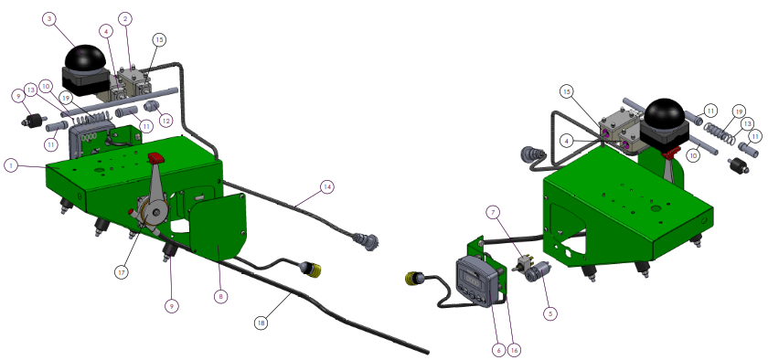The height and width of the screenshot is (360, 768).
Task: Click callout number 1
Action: coord(10,165)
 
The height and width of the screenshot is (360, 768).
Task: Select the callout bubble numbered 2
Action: coord(126,19)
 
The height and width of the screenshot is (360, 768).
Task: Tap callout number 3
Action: coord(49,19)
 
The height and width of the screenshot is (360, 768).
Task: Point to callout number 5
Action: coord(550,313)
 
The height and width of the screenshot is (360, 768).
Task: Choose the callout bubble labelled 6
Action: coord(498,350)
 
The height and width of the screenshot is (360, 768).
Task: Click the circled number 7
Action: coord(493,213)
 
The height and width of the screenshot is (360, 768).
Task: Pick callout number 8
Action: coord(221,296)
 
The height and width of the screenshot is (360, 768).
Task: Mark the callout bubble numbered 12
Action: coord(165,119)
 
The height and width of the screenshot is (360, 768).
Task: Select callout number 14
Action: coord(326,186)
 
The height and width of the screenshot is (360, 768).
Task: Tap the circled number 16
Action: coord(514,350)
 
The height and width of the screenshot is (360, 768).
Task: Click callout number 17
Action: coord(122,272)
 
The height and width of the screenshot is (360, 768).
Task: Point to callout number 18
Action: coord(261,323)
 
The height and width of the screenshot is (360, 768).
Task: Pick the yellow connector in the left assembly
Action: coord(313,270)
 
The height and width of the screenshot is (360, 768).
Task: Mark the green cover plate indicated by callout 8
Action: coord(218,225)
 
